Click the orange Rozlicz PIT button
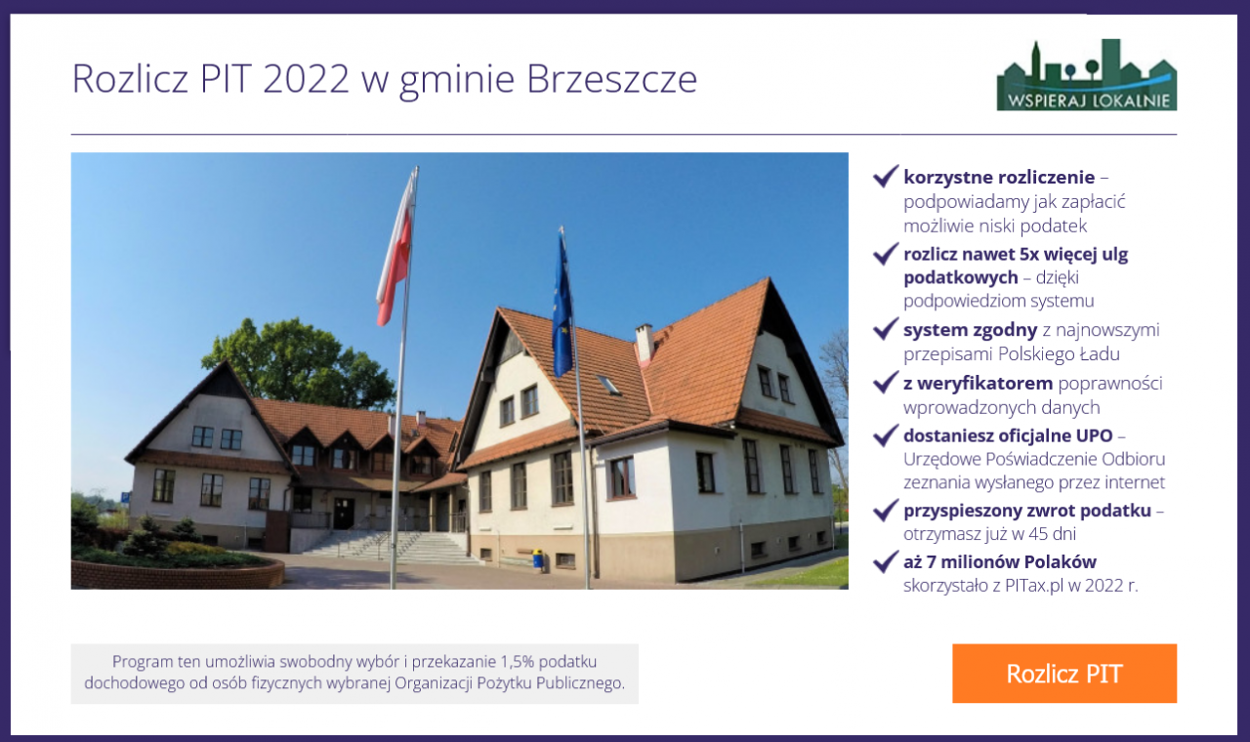point(1064,674)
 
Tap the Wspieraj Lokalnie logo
point(1087,75)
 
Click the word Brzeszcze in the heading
point(611,79)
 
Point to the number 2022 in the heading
point(306,79)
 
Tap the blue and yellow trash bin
point(537,558)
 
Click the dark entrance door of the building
point(343,514)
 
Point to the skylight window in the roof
point(608,385)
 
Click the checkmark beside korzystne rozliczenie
point(886,177)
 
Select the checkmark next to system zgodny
point(886,329)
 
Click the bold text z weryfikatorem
point(978,384)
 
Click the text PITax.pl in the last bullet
point(1034,585)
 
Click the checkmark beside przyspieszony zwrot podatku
point(886,511)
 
